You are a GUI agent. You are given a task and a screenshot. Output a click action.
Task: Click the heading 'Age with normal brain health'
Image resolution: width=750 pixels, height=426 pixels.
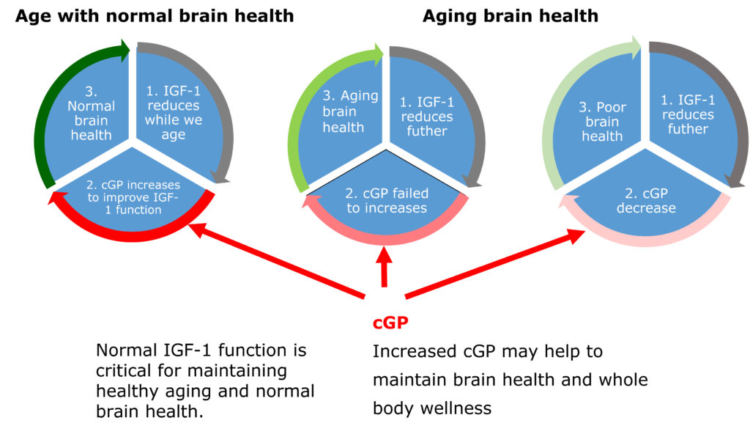(x=155, y=15)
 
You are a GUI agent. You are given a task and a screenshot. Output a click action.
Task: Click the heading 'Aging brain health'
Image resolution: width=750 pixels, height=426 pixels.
(x=510, y=15)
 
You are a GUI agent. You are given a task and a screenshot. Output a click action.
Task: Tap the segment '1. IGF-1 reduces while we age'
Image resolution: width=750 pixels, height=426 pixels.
(x=173, y=117)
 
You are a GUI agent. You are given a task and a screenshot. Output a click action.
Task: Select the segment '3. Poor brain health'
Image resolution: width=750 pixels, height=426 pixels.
(x=601, y=121)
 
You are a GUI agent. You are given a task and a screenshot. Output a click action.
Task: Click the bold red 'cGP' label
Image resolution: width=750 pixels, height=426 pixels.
(x=389, y=322)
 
